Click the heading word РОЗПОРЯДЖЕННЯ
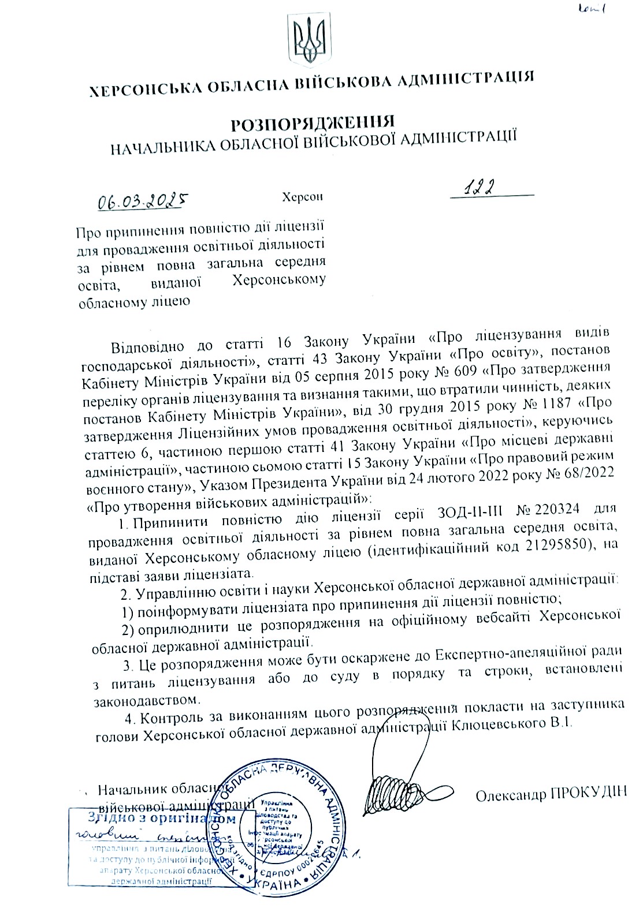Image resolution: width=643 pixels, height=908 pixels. pyautogui.click(x=313, y=123)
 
